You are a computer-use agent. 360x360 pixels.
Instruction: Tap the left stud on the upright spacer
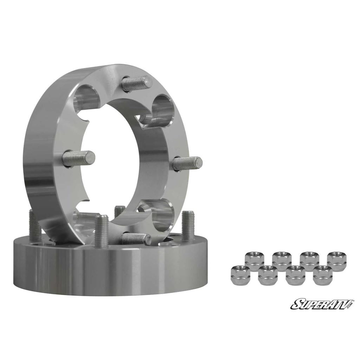click(79, 157)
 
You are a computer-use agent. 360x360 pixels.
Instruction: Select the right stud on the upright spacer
click(188, 163)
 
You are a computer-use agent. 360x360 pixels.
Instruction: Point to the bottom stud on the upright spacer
click(135, 239)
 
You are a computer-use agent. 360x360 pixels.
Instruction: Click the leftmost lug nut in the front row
click(240, 275)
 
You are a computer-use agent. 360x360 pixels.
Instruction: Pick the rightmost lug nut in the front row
click(322, 275)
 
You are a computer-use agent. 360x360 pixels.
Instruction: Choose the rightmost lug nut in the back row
click(336, 261)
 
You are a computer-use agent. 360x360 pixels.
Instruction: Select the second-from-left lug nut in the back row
click(282, 261)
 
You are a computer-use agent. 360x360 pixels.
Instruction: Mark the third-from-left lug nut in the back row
click(309, 261)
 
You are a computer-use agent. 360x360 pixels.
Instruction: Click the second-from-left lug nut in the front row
click(268, 275)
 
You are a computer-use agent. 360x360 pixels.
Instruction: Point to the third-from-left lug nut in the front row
click(295, 275)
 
